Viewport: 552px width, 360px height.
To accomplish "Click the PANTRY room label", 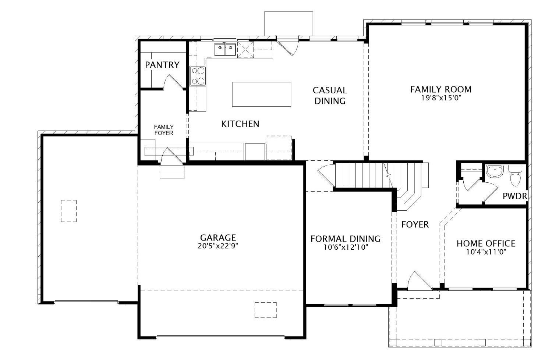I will point(162,65).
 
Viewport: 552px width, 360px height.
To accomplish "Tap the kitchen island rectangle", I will point(261,95).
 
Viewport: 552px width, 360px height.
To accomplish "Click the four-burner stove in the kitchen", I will point(198,76).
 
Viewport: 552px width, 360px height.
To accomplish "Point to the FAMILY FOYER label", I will point(164,130).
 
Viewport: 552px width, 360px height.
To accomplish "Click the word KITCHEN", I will point(240,124).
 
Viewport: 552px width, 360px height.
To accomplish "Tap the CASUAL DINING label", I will point(330,96).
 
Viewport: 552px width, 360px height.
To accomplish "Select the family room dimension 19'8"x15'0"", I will point(441,98).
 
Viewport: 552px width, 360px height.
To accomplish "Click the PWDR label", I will point(515,196).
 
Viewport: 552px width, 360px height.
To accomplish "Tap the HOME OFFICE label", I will point(486,243).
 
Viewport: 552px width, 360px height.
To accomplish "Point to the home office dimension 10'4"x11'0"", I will point(486,252).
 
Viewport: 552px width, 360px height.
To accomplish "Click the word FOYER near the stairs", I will point(415,225).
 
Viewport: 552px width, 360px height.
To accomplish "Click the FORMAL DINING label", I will point(346,239).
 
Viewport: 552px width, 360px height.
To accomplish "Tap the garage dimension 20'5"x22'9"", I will point(218,246).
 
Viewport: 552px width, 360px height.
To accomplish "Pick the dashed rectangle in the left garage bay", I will point(69,211).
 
